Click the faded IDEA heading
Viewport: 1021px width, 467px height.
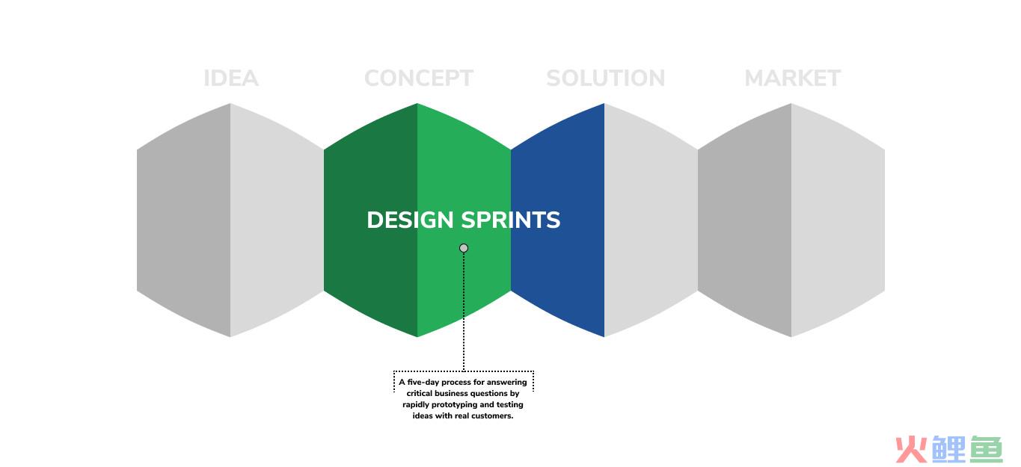[231, 78]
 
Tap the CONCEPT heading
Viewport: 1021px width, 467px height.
[419, 78]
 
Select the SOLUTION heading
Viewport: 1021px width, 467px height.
[606, 78]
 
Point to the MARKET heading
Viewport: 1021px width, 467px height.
[793, 78]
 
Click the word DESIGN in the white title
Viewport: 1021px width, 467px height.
[410, 220]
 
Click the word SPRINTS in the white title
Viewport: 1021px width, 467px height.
[510, 220]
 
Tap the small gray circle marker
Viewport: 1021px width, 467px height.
[464, 248]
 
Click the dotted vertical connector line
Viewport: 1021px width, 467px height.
[464, 312]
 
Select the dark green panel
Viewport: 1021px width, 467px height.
[370, 220]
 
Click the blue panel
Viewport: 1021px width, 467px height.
[557, 273]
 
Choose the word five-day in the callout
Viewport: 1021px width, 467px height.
[423, 383]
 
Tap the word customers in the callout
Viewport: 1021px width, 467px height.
[492, 416]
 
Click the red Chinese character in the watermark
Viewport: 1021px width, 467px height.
[912, 450]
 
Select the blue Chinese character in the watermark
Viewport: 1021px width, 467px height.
[949, 450]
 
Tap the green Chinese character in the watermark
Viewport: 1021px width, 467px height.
[987, 450]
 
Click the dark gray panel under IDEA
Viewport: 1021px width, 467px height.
[184, 220]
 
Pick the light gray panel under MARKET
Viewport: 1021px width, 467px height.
[838, 220]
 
